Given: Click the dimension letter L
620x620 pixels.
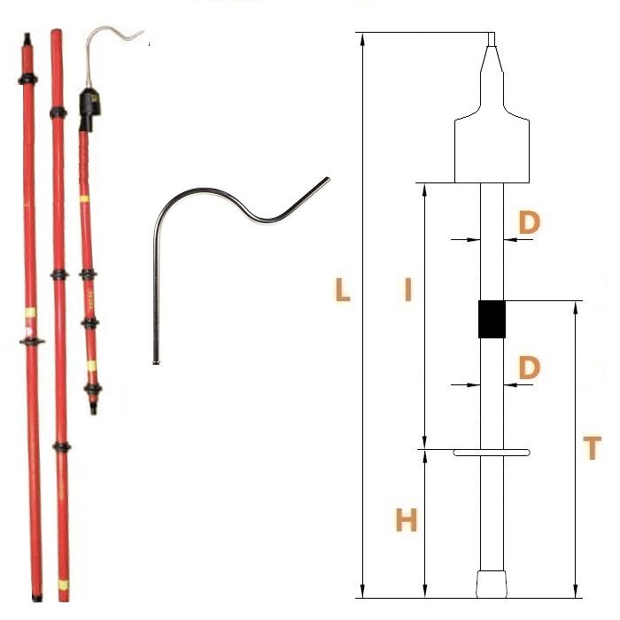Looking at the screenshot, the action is coord(343,290).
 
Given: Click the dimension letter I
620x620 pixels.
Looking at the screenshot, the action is coord(408,290).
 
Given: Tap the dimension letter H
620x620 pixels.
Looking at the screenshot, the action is coord(407,520).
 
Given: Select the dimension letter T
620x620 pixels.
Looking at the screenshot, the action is coord(592,447).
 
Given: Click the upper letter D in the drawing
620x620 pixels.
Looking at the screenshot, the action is coord(529,222).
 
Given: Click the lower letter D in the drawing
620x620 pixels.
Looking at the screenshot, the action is coord(529,368).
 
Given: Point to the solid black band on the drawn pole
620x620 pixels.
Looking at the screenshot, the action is coord(492,320).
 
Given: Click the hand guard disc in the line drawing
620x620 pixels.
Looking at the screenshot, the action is coord(492,453).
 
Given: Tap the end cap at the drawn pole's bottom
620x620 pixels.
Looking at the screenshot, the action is coord(492,584).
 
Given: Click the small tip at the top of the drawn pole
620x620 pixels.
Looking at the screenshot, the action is coord(492,39).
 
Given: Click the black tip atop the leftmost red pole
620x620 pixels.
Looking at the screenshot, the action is coord(27,41).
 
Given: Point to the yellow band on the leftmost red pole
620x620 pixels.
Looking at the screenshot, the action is coord(30,313).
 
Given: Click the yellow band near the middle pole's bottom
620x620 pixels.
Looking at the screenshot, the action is coord(63,585).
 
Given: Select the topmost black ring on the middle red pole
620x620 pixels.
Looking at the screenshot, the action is coord(58,113).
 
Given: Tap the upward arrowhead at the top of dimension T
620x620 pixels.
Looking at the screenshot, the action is coord(576,307).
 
